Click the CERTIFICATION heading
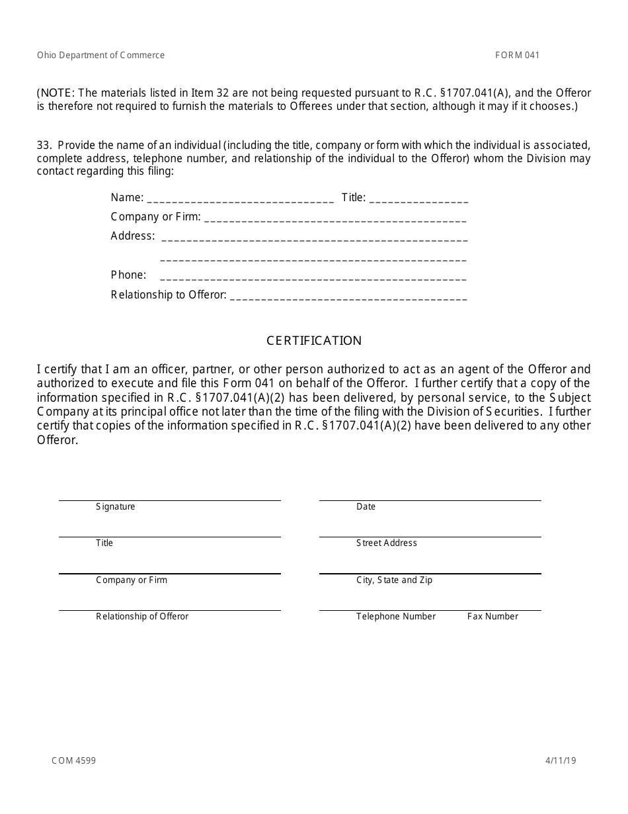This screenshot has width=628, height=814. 314,341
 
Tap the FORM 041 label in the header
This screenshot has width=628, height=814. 517,56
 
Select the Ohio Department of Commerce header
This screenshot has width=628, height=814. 101,56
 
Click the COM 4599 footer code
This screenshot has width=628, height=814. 73,761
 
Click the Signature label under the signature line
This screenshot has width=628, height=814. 116,507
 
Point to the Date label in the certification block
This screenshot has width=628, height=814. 366,507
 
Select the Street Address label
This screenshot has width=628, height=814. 387,543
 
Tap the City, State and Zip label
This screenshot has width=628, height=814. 394,580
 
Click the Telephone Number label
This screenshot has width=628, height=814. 396,617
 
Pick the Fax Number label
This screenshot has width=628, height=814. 492,617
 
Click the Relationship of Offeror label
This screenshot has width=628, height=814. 142,617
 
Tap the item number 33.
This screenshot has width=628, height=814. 44,145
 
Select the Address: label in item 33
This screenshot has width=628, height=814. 133,236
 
